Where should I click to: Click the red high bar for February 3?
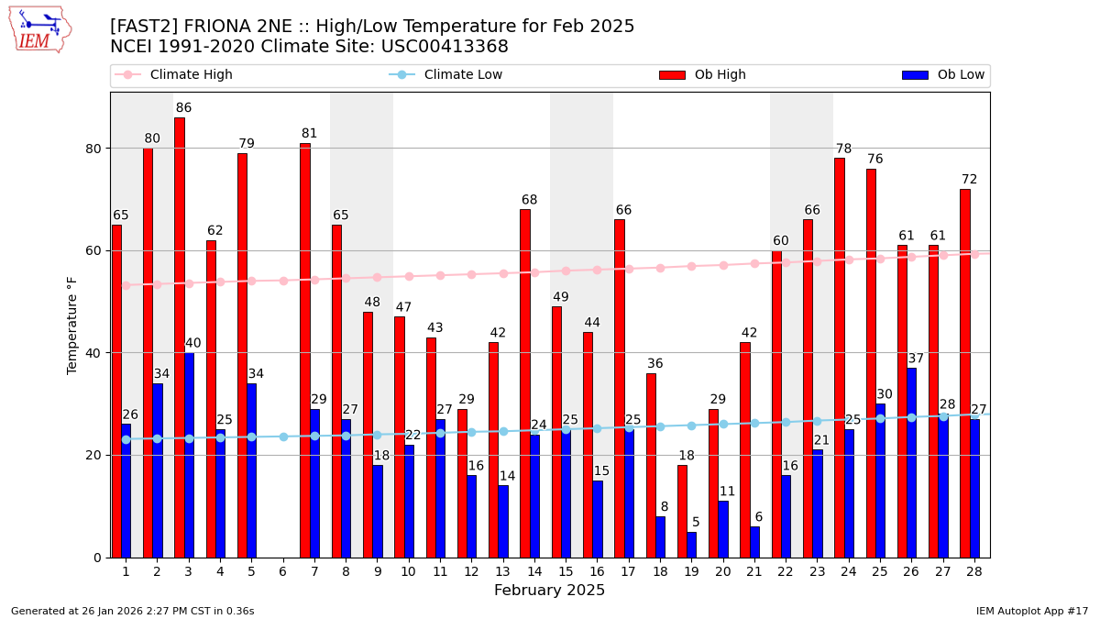coord(180,337)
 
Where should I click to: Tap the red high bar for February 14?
coord(525,383)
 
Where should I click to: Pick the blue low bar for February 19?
coord(691,545)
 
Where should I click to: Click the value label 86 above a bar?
coord(183,108)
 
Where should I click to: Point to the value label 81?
coord(309,134)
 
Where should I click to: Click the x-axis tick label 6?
coord(282,572)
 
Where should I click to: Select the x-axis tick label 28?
coord(973,572)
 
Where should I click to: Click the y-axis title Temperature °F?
coord(72,325)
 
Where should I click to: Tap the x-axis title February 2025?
coord(549,591)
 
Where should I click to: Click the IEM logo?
coord(39,29)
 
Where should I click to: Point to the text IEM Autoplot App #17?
coord(1032,611)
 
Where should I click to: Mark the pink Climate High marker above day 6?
coord(283,281)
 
